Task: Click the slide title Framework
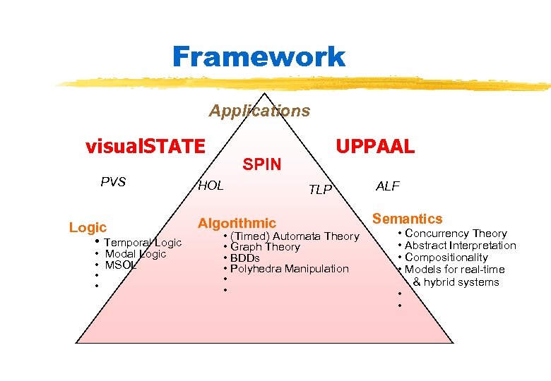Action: [x=259, y=56]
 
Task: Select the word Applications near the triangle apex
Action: [x=259, y=111]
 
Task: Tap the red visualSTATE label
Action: [x=146, y=147]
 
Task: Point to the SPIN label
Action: [x=262, y=164]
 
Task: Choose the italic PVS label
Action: [x=113, y=182]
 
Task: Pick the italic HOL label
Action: [x=211, y=186]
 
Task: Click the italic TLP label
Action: [x=320, y=189]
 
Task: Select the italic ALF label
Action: [x=388, y=186]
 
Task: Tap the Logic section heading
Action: [x=88, y=227]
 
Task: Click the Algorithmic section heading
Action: [x=237, y=224]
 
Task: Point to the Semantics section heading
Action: [x=408, y=219]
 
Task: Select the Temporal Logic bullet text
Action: [x=143, y=243]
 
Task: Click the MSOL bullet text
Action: [x=120, y=265]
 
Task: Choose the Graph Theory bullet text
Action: [x=265, y=247]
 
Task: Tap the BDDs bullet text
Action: [x=245, y=258]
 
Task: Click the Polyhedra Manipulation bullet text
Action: [x=290, y=269]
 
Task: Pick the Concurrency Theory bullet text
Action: [x=456, y=234]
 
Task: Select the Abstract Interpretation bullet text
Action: [x=461, y=246]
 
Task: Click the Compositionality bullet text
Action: [x=446, y=258]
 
